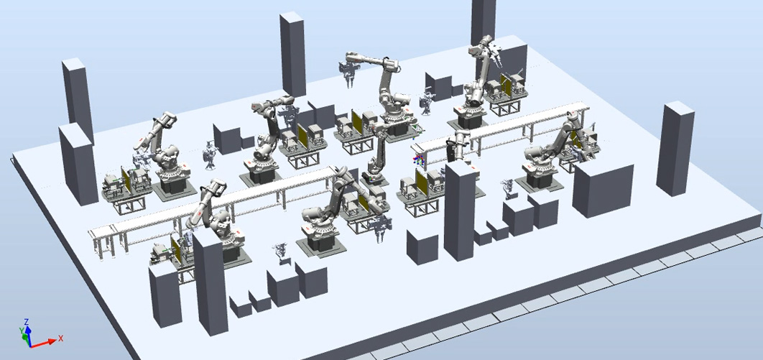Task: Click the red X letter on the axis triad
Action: (x=61, y=338)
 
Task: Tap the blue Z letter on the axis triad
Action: (x=27, y=322)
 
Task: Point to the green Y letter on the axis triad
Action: (x=22, y=331)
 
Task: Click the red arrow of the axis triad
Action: (x=43, y=343)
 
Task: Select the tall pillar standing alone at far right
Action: (x=675, y=149)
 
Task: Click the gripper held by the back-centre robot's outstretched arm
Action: (x=349, y=73)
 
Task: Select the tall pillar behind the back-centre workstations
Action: (x=292, y=54)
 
